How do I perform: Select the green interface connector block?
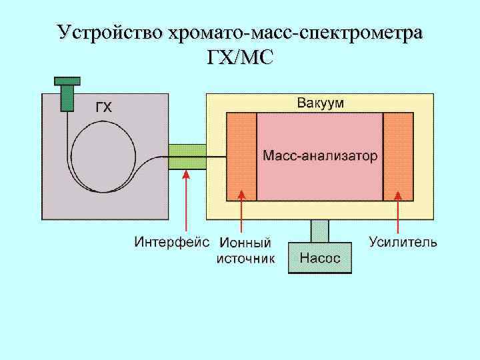tap(187, 157)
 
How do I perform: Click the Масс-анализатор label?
tap(320, 156)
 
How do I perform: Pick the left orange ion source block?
tap(241, 157)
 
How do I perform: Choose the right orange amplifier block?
tap(398, 157)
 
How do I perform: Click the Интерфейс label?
tap(172, 241)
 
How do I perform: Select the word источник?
tap(245, 258)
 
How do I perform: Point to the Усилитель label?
tap(403, 241)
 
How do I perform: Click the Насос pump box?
tap(320, 258)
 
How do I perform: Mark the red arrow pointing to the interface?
tap(187, 200)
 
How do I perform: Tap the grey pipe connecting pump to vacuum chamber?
tap(320, 231)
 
